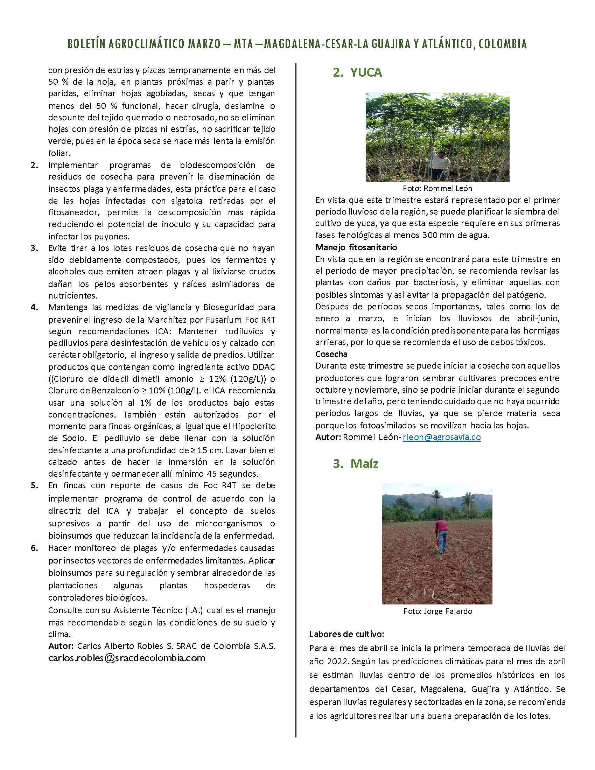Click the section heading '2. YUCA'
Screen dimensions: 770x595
(x=357, y=73)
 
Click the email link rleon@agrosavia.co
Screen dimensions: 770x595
(x=442, y=437)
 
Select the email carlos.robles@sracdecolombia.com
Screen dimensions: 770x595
(x=127, y=658)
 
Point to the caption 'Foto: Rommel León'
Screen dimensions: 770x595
(x=437, y=188)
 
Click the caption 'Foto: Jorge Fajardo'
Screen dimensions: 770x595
(x=438, y=611)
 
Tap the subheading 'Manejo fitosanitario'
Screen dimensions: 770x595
(x=356, y=247)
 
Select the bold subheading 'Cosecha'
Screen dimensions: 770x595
(x=331, y=353)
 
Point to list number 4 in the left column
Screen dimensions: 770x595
(x=35, y=307)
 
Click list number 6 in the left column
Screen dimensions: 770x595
(x=35, y=548)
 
